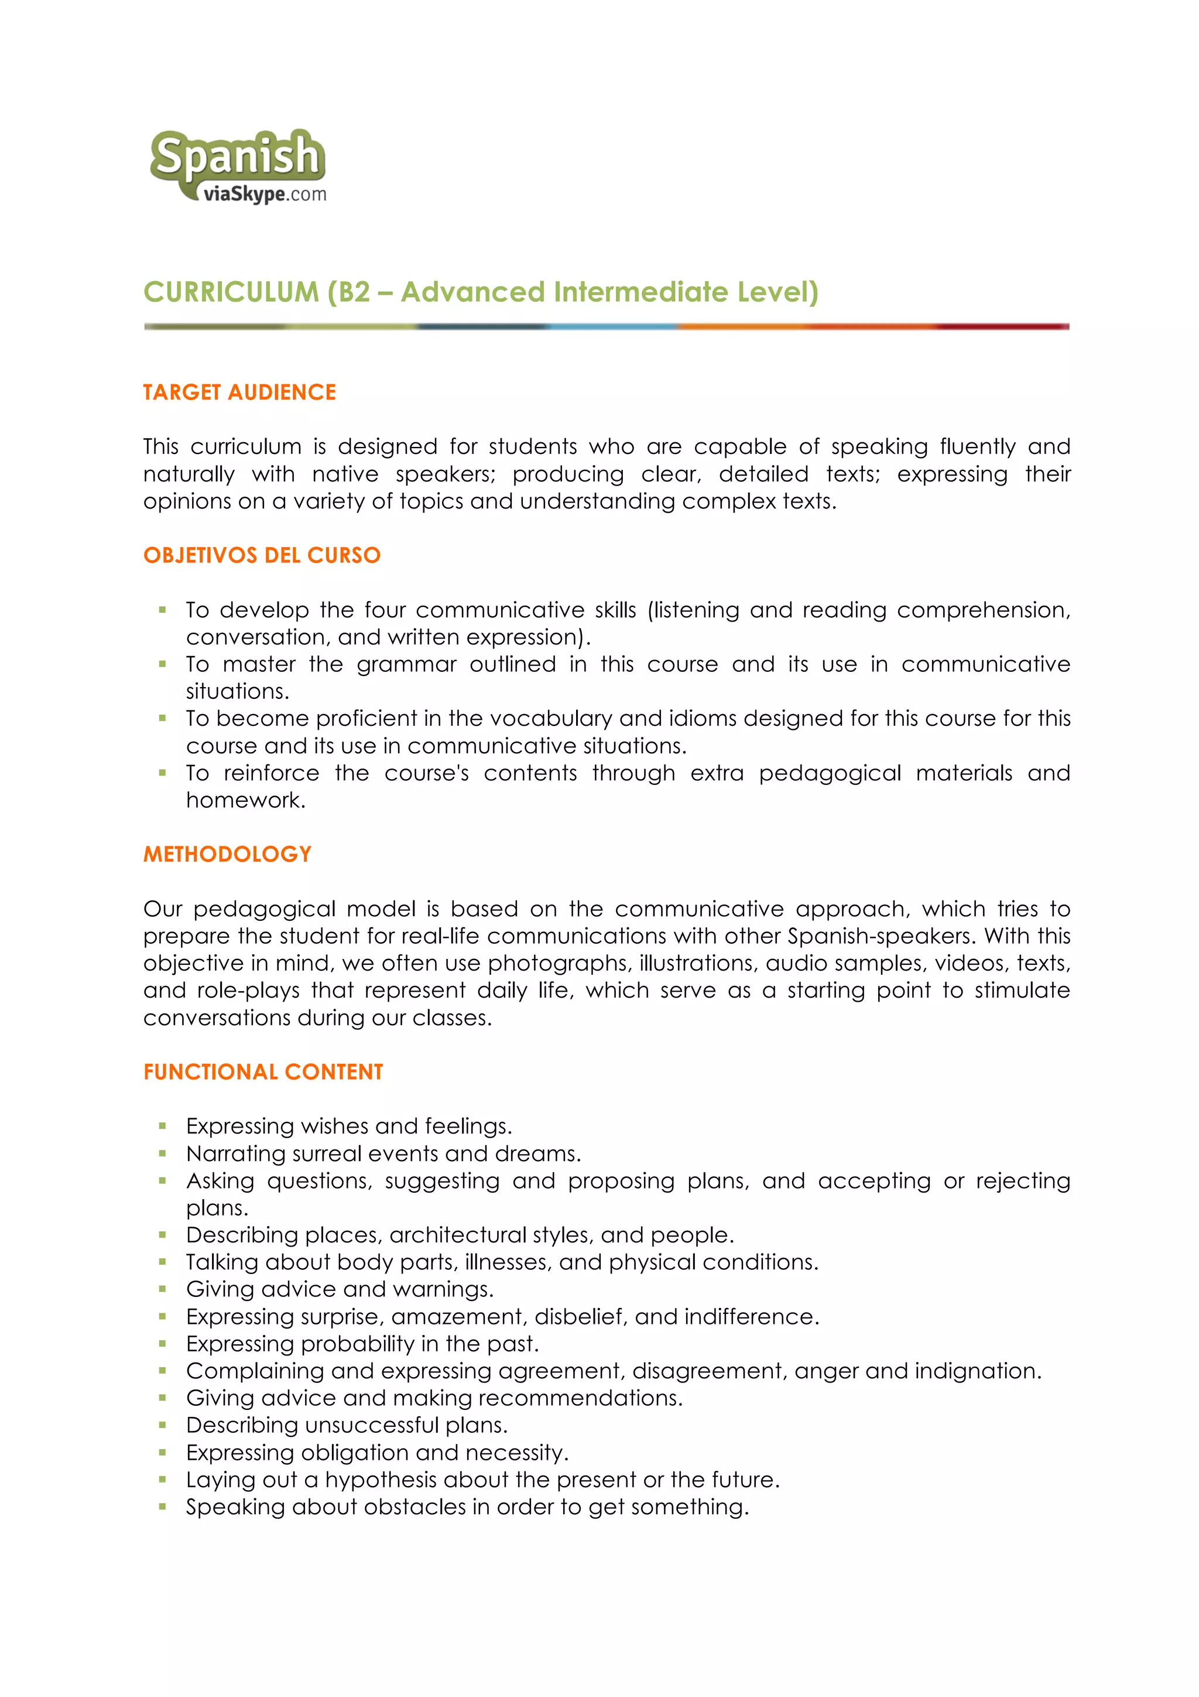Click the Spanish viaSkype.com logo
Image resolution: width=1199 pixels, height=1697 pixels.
click(237, 166)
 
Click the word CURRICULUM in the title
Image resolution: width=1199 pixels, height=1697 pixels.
click(231, 292)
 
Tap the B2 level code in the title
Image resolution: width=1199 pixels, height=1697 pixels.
click(354, 292)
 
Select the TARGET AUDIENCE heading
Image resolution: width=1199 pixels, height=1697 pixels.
click(239, 392)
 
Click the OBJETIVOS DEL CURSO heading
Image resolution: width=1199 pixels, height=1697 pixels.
click(262, 555)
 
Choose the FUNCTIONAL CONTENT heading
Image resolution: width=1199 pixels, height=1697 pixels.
click(263, 1072)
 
